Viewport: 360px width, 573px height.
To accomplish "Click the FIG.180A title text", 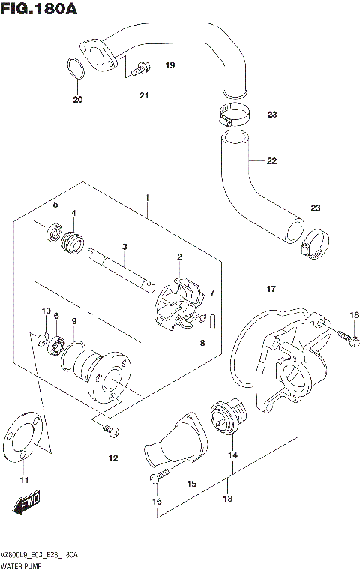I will (40, 10).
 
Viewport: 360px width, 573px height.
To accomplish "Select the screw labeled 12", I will (110, 430).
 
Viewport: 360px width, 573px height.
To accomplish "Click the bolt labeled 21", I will (137, 71).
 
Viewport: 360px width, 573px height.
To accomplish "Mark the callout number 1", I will (148, 199).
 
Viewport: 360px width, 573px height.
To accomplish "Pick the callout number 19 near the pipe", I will (169, 66).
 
